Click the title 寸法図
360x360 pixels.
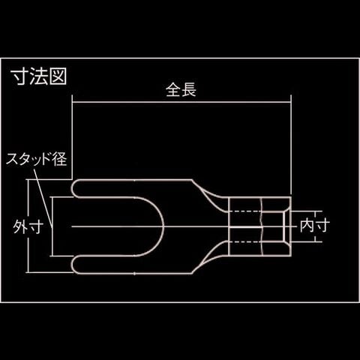click(x=40, y=76)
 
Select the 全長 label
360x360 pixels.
click(x=181, y=90)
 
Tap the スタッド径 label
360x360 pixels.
click(x=37, y=159)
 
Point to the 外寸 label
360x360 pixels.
click(x=28, y=227)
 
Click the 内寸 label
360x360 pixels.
click(x=315, y=226)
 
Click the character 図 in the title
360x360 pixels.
click(x=58, y=76)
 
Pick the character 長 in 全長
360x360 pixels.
click(x=189, y=90)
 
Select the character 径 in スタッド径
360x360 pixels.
click(x=60, y=159)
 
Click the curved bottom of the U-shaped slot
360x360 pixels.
click(x=163, y=226)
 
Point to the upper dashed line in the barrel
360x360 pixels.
click(x=245, y=211)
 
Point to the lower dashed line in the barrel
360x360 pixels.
click(x=245, y=241)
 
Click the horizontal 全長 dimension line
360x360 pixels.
click(x=181, y=102)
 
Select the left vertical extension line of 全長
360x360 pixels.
click(x=72, y=137)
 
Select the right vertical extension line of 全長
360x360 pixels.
click(x=291, y=145)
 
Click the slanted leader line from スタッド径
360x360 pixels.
click(x=43, y=197)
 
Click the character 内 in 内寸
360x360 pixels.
click(x=307, y=226)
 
